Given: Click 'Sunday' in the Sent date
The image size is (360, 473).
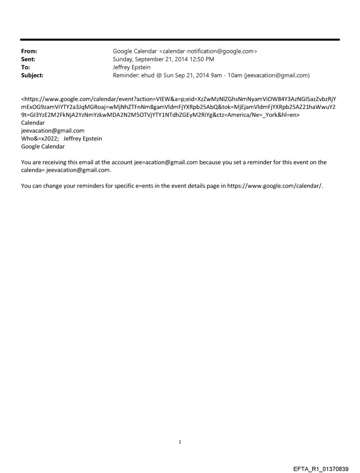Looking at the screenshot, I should [124, 60].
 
